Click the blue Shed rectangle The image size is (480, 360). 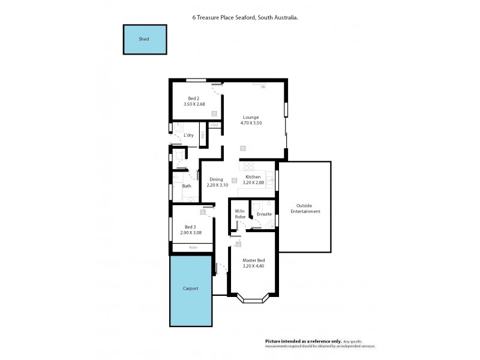pyautogui.click(x=145, y=40)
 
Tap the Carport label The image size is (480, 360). pyautogui.click(x=190, y=289)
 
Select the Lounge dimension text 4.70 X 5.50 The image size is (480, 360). pyautogui.click(x=251, y=123)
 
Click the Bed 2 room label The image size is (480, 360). pyautogui.click(x=193, y=98)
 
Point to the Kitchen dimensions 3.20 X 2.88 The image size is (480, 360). pyautogui.click(x=253, y=183)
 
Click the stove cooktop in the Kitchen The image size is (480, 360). pyautogui.click(x=248, y=166)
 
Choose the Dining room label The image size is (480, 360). pyautogui.click(x=216, y=179)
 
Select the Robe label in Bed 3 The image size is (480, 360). pyautogui.click(x=193, y=247)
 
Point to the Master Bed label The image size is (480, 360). pyautogui.click(x=253, y=260)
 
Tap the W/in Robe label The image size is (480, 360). pyautogui.click(x=239, y=214)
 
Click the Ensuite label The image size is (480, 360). pyautogui.click(x=264, y=214)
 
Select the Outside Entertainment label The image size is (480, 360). pyautogui.click(x=305, y=208)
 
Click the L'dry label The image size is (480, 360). pyautogui.click(x=188, y=136)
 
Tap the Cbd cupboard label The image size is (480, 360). pyautogui.click(x=214, y=125)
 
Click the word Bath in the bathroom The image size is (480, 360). pyautogui.click(x=187, y=186)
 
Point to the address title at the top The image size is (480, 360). pyautogui.click(x=245, y=18)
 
